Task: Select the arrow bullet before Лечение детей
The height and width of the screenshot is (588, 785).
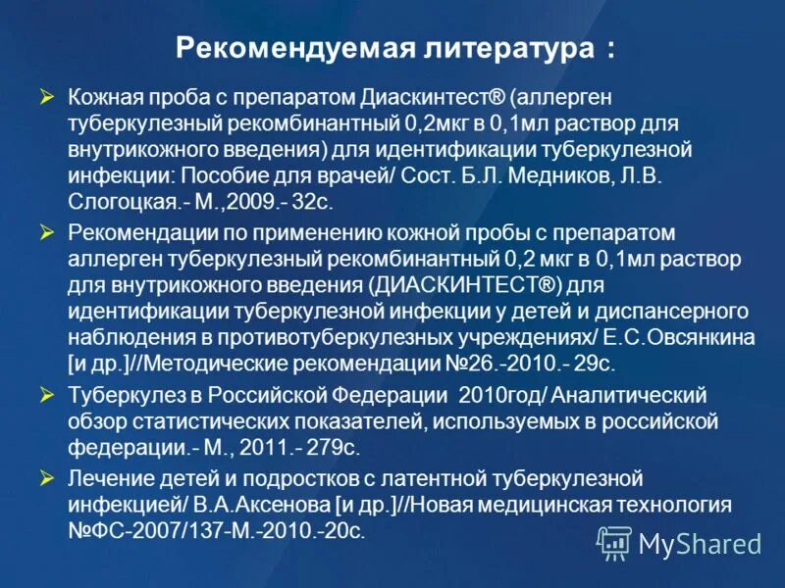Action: point(46,479)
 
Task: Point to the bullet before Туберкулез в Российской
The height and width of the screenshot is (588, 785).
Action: point(46,395)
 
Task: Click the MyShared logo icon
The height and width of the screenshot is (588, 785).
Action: point(614,542)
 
